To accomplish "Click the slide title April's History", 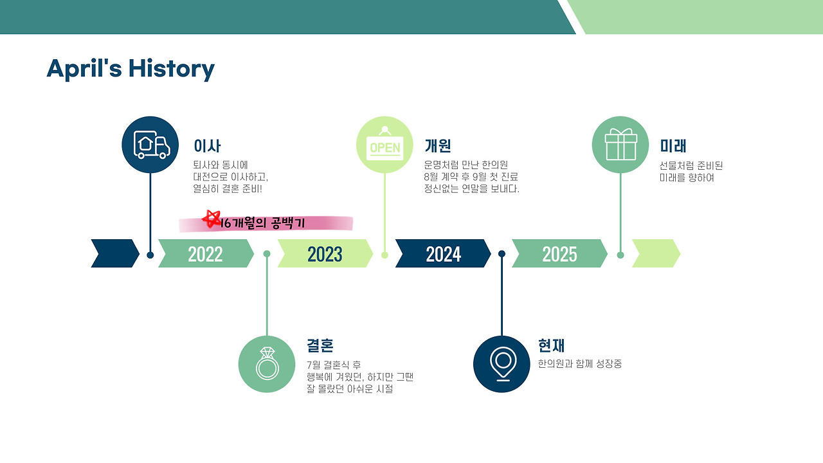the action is click(131, 69).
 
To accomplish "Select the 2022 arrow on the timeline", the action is click(206, 253).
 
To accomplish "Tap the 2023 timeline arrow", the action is click(325, 253).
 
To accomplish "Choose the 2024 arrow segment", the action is click(443, 253).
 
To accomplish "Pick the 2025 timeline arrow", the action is click(559, 253).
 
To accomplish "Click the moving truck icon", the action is click(150, 145).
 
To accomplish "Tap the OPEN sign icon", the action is click(384, 145).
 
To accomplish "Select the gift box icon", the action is click(620, 145).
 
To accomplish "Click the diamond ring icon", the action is click(267, 364).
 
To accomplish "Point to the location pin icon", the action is click(502, 364).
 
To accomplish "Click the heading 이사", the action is click(207, 146).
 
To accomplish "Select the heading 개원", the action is click(438, 146).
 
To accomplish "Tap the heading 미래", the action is click(673, 146).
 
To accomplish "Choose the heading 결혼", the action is click(320, 345).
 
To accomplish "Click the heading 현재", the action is click(552, 345).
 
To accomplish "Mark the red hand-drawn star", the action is click(212, 219).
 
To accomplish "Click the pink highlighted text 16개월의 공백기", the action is click(263, 223).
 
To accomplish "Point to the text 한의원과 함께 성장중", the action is click(580, 364).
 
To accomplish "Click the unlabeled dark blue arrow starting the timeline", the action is click(115, 253).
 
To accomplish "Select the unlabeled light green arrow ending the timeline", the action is click(656, 253).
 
